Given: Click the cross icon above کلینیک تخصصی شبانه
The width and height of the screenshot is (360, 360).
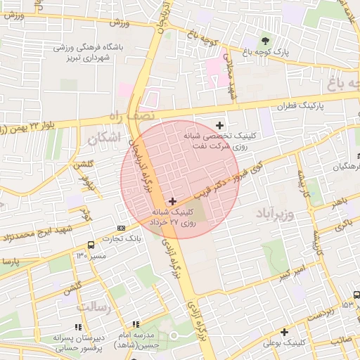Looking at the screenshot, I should tap(219, 124).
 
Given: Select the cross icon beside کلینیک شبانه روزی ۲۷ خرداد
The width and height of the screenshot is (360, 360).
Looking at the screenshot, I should tap(173, 201).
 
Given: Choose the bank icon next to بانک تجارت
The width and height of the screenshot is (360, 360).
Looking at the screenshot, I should tap(122, 228).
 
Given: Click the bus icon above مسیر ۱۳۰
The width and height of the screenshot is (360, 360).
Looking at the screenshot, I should tap(91, 245).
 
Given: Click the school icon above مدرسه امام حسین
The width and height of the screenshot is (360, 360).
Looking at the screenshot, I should tap(136, 324).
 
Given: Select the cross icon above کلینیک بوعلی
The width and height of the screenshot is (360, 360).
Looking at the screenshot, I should tap(285, 332).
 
